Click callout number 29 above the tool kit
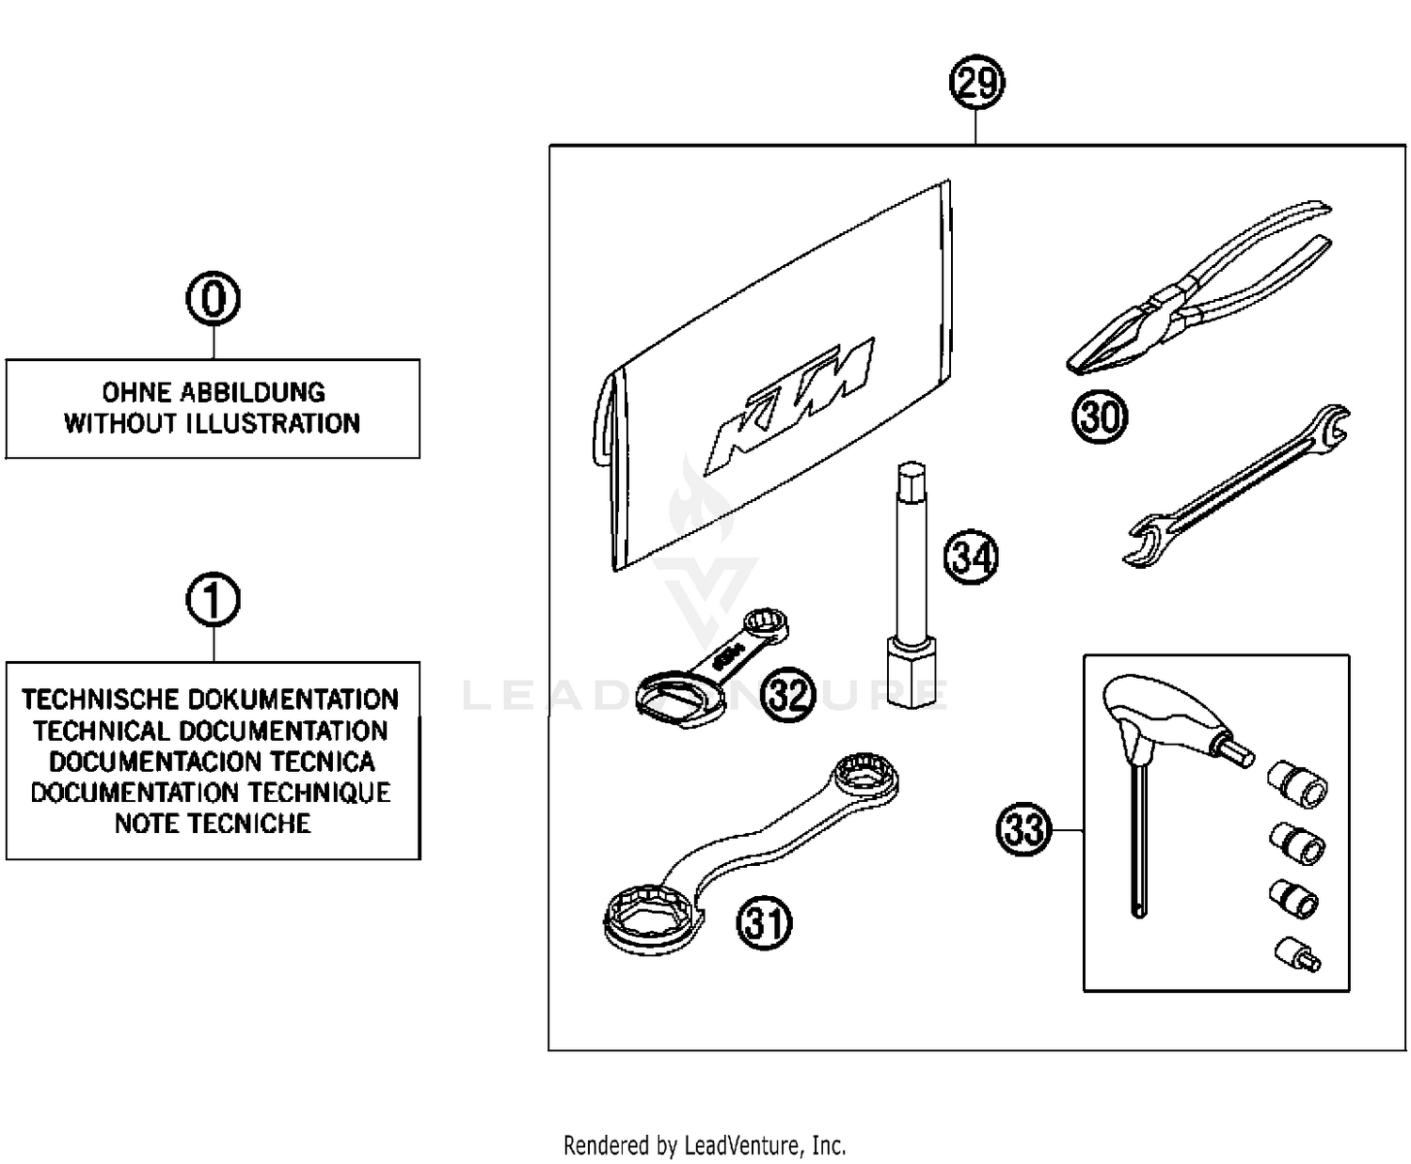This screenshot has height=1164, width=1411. click(x=975, y=85)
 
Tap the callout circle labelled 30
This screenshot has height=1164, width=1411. click(x=1100, y=417)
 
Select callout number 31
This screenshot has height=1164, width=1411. click(x=764, y=922)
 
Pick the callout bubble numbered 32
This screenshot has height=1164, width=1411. click(x=787, y=695)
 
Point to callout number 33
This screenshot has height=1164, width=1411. click(x=1023, y=830)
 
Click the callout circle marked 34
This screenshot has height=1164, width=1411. click(x=970, y=557)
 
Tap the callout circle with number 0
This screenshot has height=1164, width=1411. click(x=214, y=300)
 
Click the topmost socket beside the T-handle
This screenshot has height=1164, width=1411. click(x=1298, y=781)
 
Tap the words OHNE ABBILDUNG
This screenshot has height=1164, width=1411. click(x=214, y=392)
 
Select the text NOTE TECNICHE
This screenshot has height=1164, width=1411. click(x=213, y=824)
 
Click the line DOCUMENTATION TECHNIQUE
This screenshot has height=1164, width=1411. click(x=211, y=793)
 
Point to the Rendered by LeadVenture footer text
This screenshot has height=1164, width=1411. click(x=705, y=1145)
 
